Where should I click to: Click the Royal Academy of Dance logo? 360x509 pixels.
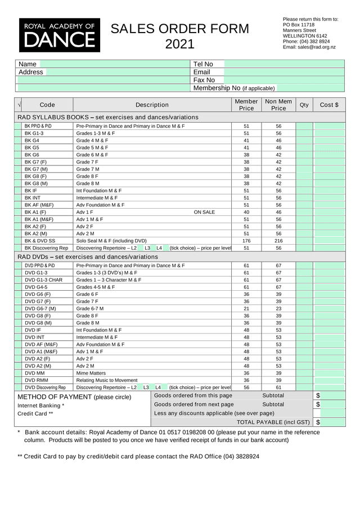click(x=60, y=35)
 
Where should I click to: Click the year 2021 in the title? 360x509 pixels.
click(x=179, y=44)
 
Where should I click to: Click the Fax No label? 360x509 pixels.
click(x=204, y=80)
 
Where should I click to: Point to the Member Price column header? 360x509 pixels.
click(x=246, y=105)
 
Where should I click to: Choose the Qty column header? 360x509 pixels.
click(x=304, y=105)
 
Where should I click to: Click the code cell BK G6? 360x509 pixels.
click(x=32, y=155)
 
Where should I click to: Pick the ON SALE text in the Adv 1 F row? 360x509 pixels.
click(x=204, y=212)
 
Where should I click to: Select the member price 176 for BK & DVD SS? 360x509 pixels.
click(x=246, y=241)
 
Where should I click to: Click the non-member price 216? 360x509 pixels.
click(x=278, y=241)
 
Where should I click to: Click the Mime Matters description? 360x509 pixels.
click(x=91, y=373)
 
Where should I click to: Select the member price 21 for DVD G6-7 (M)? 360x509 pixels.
click(x=246, y=308)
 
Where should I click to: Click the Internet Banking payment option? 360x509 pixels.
click(x=40, y=406)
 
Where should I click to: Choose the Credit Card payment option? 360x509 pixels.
click(x=35, y=414)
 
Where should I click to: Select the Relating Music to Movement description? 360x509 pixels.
click(x=107, y=380)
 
